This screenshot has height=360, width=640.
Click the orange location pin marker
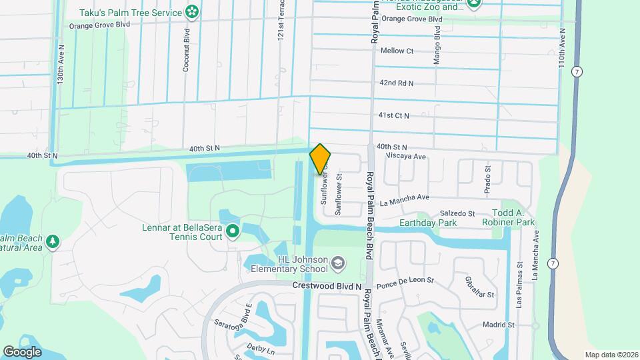tap(320, 159)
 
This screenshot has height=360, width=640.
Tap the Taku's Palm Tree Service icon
tap(192, 11)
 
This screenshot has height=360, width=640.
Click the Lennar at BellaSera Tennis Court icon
tap(232, 232)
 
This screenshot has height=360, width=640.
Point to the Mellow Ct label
tap(397, 51)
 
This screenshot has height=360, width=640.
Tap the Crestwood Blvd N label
tap(327, 285)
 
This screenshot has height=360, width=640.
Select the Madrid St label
tap(499, 325)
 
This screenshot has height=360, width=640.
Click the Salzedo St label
tap(456, 213)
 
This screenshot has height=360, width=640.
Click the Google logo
tap(22, 351)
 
